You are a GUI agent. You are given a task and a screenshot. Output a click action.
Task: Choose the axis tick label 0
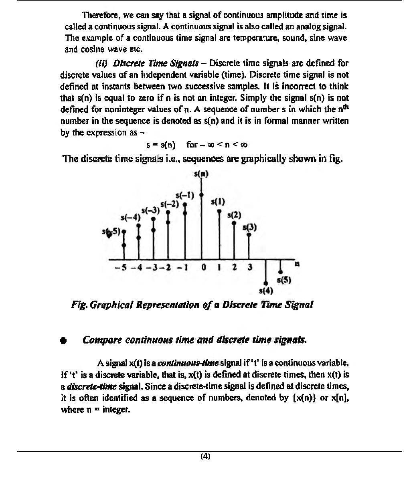[204, 267]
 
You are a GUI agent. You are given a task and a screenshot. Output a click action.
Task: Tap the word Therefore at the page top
[99, 16]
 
